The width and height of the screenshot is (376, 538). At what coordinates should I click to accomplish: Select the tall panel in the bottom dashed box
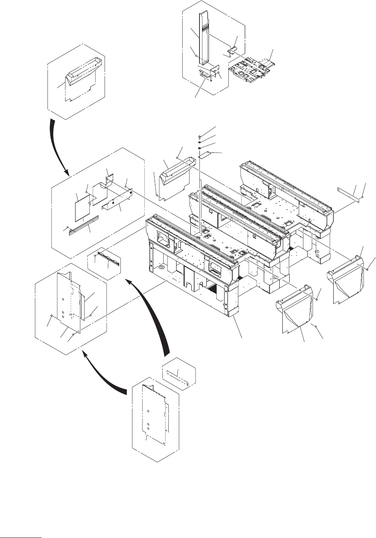click(x=154, y=413)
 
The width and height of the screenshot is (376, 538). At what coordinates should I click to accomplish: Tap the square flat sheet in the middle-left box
click(x=82, y=206)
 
